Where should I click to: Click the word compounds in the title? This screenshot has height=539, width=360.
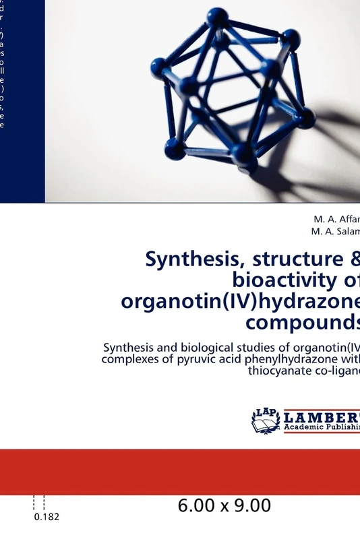[303, 322]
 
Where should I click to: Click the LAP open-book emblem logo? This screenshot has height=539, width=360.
[266, 420]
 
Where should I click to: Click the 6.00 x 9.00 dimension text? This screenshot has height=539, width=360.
[225, 505]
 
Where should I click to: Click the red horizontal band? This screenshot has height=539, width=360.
[180, 472]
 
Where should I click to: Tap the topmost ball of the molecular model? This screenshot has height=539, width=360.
[217, 15]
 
